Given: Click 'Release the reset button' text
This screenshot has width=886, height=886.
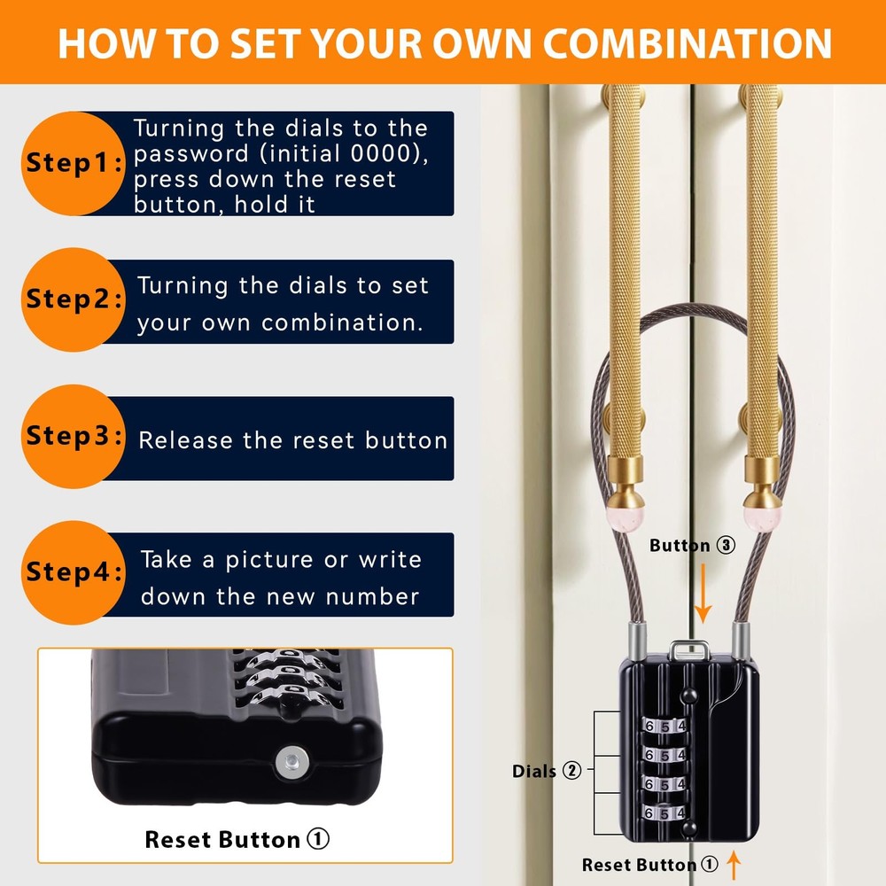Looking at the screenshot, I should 293,440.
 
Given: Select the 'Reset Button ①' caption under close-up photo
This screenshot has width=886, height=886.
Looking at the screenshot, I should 237,839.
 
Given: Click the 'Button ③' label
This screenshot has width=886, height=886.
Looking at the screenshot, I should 692,546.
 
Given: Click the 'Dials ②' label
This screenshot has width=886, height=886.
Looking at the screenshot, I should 547,771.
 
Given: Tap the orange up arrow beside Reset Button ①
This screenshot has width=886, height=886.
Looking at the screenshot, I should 734,863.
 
